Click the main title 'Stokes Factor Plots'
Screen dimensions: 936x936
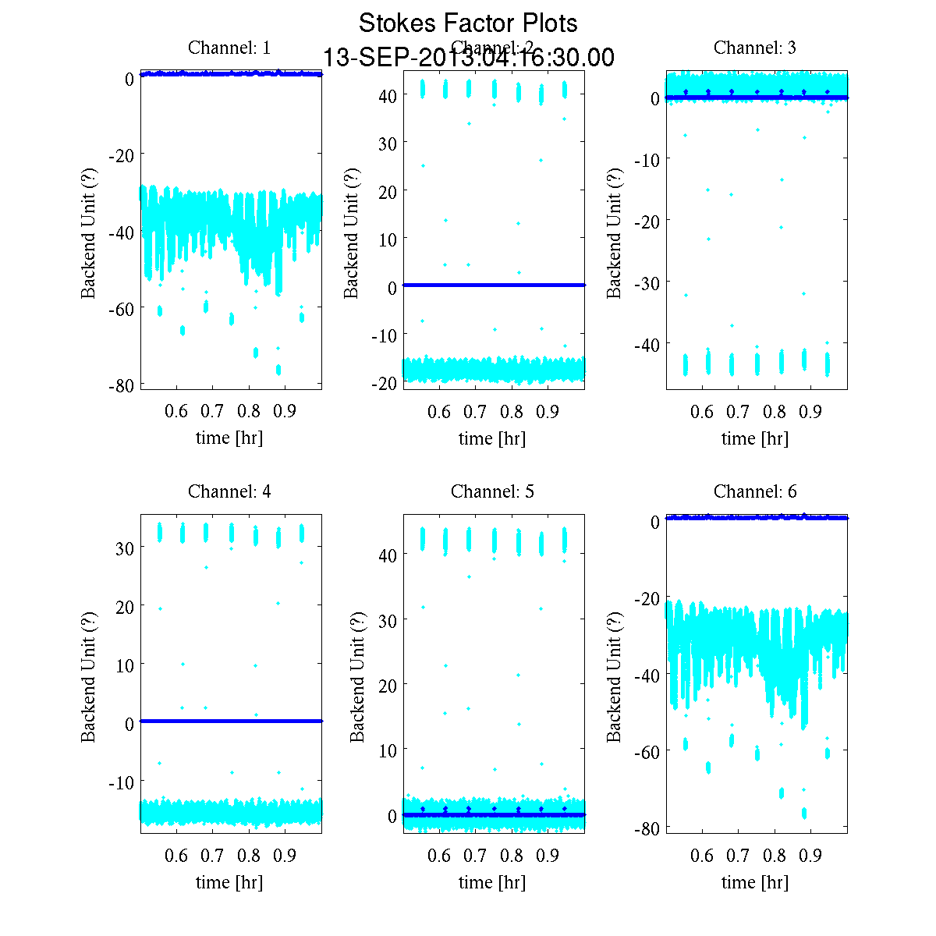(x=468, y=23)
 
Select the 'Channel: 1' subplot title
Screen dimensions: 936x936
(x=229, y=48)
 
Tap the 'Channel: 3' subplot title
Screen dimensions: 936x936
(x=755, y=48)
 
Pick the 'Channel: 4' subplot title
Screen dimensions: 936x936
(x=229, y=491)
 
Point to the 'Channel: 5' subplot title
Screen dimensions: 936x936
(x=492, y=491)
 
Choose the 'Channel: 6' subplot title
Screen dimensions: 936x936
(x=755, y=491)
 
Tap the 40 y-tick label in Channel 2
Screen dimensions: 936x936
(x=388, y=95)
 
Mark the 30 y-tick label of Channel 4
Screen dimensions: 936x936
(x=125, y=548)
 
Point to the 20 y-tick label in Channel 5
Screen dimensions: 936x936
(x=388, y=685)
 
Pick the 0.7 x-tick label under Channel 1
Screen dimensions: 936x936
(x=212, y=411)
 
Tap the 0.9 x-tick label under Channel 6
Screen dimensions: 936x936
(x=810, y=856)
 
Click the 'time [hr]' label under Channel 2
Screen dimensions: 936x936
(x=492, y=438)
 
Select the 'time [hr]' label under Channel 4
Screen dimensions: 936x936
(x=229, y=882)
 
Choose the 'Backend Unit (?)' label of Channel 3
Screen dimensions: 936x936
(x=615, y=232)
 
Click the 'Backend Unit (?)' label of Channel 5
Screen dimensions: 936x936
(x=357, y=676)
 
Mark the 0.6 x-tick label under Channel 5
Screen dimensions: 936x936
(x=439, y=856)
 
